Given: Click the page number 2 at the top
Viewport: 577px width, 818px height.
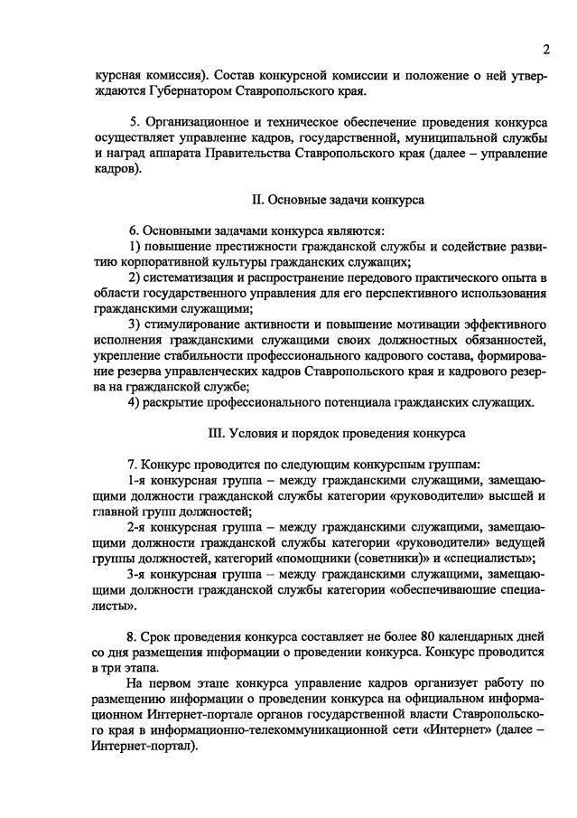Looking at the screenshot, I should coord(546,48).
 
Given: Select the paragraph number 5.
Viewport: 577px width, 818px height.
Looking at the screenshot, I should coord(133,121).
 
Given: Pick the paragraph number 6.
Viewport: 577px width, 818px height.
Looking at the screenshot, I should coord(133,230).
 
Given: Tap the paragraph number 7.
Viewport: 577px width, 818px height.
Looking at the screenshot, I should coord(133,464).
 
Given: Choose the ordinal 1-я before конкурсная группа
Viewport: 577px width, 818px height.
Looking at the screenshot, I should coord(139,480).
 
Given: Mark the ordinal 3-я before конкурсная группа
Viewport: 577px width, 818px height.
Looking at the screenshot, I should coord(139,573).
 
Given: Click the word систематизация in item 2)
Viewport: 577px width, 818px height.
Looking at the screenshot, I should coord(192,277).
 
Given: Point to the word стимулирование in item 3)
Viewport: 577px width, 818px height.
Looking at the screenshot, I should coord(197,324).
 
